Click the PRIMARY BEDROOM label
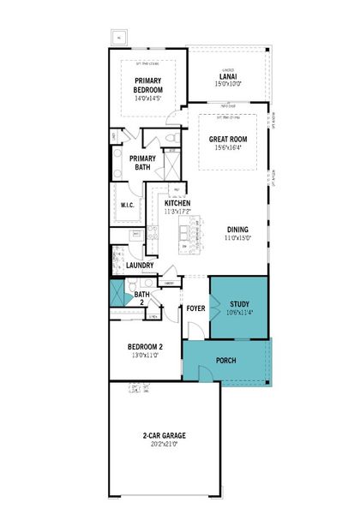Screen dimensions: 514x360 point(148,85)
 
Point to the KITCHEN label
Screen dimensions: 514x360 point(177,203)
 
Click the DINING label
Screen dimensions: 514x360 point(238,229)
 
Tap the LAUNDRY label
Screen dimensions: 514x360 point(139,266)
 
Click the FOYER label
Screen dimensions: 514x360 point(196,308)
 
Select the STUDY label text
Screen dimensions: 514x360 point(237,303)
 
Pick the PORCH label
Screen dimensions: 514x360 point(226,361)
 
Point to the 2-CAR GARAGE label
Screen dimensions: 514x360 point(164,435)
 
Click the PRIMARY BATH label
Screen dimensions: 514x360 point(143,162)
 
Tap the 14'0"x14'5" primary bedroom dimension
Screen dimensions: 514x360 point(148,99)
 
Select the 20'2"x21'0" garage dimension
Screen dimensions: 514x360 point(164,444)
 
